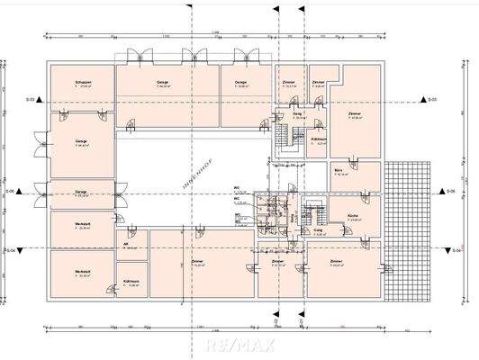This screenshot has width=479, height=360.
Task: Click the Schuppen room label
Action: (84, 83)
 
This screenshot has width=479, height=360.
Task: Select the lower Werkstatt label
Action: (84, 273)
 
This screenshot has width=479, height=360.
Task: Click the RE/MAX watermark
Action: (239, 344)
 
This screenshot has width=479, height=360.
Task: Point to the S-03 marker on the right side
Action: (432, 98)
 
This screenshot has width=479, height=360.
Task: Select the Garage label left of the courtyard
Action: (81, 141)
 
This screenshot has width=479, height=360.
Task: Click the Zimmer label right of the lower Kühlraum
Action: (196, 263)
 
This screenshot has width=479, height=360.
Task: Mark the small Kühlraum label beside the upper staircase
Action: (318, 140)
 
